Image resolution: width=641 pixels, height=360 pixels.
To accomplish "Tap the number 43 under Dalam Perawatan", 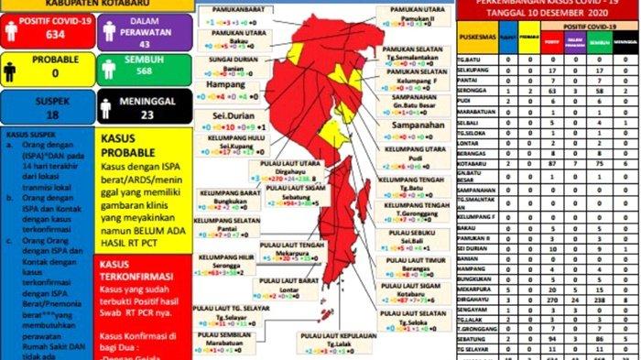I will tap(143, 43).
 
